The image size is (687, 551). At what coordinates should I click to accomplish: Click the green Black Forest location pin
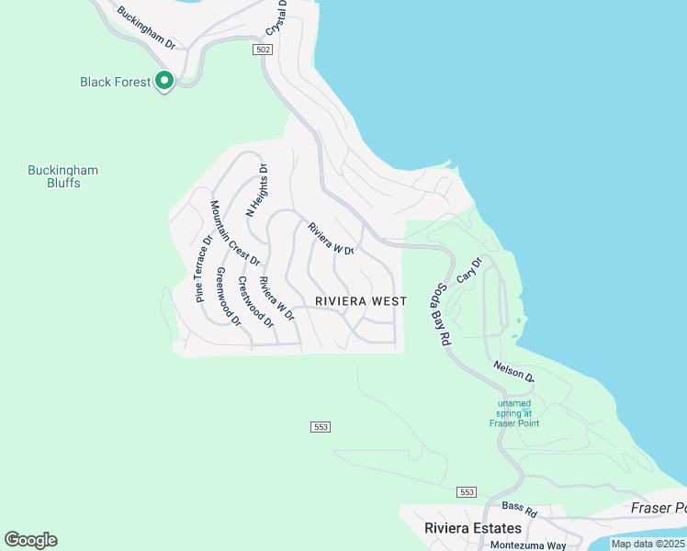point(164,82)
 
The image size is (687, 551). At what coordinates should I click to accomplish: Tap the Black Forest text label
point(115,82)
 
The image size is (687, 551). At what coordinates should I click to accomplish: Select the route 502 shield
point(263,51)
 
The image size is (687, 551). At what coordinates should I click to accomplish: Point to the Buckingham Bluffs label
point(62,176)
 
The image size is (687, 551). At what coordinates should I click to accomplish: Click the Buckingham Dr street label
point(145,28)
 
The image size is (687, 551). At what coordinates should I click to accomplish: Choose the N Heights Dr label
point(256,190)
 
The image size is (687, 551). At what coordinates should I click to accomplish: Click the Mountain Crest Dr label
point(235,233)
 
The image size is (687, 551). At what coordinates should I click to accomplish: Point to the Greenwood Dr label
point(228,297)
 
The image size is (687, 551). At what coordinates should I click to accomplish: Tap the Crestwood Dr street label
point(255,301)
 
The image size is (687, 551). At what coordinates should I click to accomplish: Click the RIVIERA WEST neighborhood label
point(361,301)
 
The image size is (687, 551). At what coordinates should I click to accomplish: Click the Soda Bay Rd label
point(439,315)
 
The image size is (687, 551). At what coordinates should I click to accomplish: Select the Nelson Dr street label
point(513,371)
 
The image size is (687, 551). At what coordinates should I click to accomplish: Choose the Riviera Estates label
point(473,528)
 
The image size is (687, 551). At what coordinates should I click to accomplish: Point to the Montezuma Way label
point(527,545)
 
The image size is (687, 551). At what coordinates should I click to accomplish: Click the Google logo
point(31,540)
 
